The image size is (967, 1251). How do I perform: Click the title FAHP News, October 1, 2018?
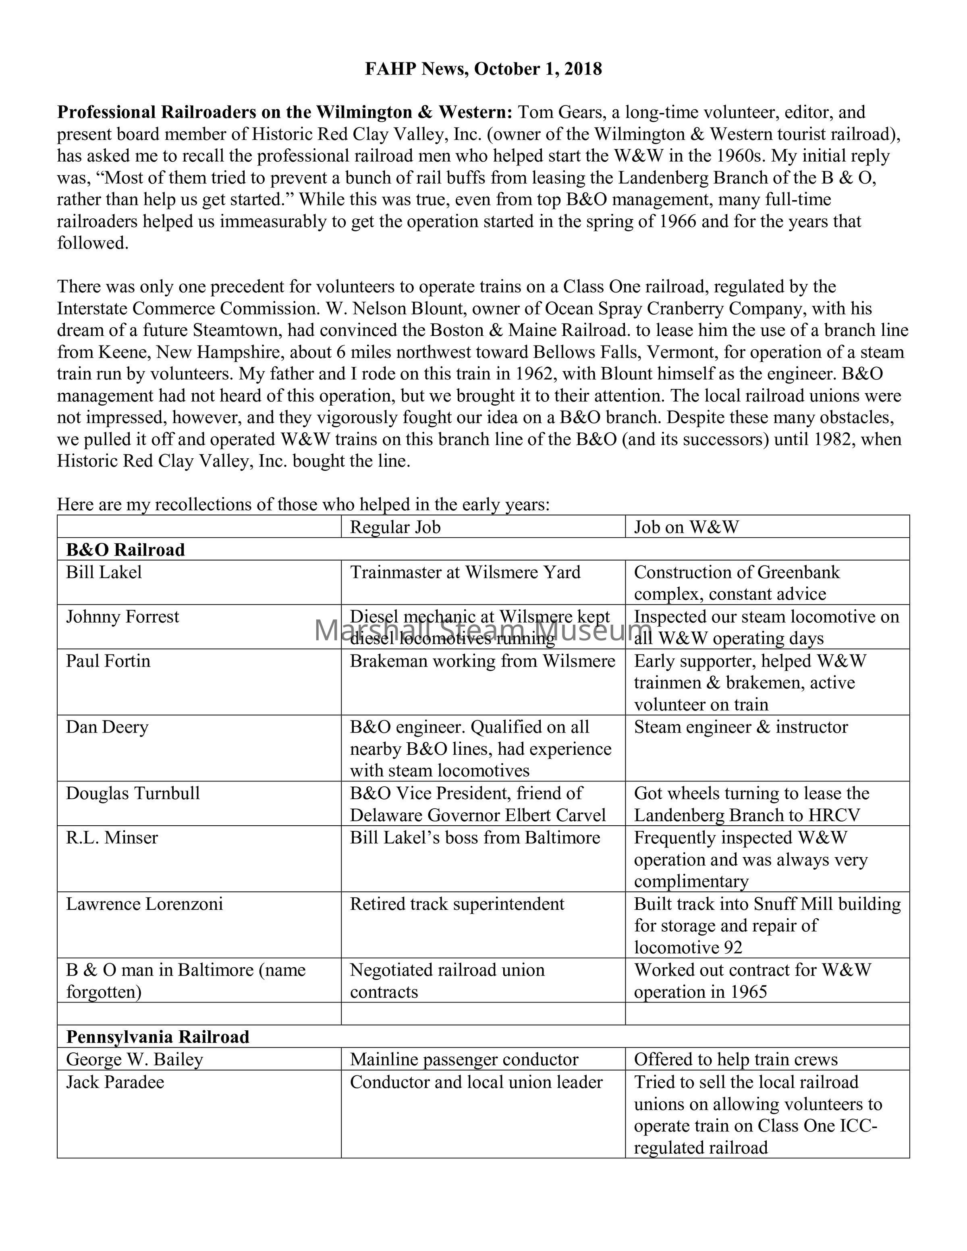(483, 69)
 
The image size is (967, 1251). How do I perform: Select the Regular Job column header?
(395, 527)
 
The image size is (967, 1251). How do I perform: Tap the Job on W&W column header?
(686, 527)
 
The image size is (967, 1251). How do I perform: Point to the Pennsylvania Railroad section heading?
(158, 1038)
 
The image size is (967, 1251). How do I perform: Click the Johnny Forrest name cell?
(122, 617)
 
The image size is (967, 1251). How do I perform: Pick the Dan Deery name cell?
(107, 727)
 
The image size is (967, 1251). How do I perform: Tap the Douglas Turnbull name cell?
(133, 794)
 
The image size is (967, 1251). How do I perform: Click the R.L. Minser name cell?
(112, 838)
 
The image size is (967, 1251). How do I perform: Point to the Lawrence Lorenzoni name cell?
(144, 905)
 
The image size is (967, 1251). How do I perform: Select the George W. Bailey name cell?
(135, 1060)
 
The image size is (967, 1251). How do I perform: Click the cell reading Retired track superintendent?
(457, 905)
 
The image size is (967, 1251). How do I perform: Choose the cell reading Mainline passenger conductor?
(464, 1060)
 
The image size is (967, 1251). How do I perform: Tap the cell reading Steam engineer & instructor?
(741, 727)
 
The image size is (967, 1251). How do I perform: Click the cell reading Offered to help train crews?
(736, 1060)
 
